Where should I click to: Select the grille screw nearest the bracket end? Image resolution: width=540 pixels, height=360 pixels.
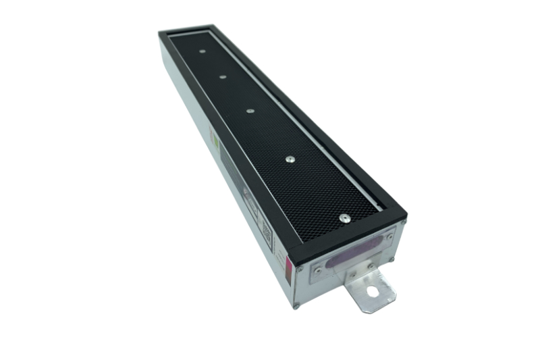pos(344,217)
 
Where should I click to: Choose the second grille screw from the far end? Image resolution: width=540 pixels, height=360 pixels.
pos(222,77)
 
